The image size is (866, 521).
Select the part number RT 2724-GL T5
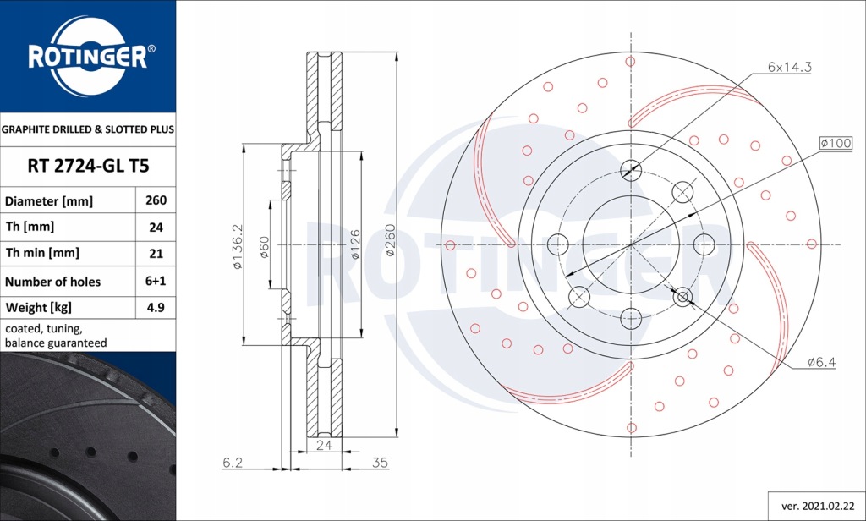pyautogui.click(x=88, y=166)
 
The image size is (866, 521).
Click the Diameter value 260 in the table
pyautogui.click(x=156, y=201)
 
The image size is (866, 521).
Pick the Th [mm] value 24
pyautogui.click(x=156, y=228)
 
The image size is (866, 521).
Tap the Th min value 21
pyautogui.click(x=156, y=253)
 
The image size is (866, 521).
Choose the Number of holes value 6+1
pyautogui.click(x=156, y=282)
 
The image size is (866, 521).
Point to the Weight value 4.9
pyautogui.click(x=156, y=307)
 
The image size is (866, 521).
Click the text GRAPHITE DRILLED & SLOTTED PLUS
pyautogui.click(x=88, y=130)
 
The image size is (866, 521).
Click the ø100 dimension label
pyautogui.click(x=835, y=143)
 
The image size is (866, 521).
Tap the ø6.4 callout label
pyautogui.click(x=821, y=362)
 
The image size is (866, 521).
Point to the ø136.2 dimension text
pyautogui.click(x=238, y=246)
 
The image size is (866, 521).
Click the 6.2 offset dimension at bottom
pyautogui.click(x=233, y=463)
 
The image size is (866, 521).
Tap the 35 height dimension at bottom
pyautogui.click(x=379, y=463)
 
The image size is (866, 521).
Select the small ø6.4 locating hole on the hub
pyautogui.click(x=682, y=296)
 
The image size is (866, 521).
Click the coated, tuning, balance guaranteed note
pyautogui.click(x=56, y=336)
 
